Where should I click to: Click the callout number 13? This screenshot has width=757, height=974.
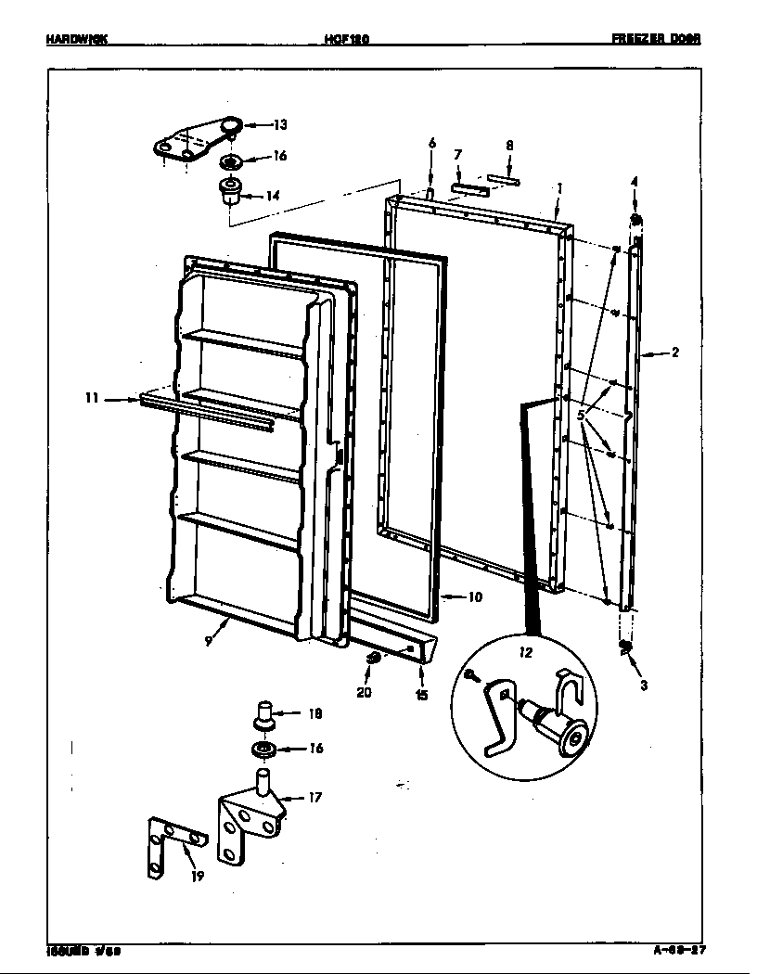click(280, 124)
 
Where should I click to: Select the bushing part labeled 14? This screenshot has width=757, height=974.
click(229, 192)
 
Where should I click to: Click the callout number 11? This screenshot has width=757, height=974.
click(91, 399)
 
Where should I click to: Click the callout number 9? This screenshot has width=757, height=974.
click(210, 640)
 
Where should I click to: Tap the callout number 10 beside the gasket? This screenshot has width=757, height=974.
click(474, 597)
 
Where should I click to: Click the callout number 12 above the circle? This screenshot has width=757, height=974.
click(525, 652)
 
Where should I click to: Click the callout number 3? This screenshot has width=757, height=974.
click(643, 686)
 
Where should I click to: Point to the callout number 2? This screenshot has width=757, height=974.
click(675, 352)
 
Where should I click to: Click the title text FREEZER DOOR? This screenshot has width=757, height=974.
click(656, 39)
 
